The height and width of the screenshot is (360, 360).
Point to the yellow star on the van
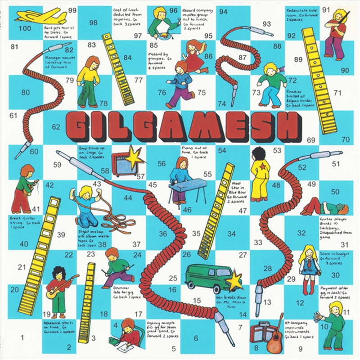(234, 282)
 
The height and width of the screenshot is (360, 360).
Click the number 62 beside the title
(56, 127)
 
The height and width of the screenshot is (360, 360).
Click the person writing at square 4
(126, 335)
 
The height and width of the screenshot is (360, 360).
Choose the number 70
(345, 139)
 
